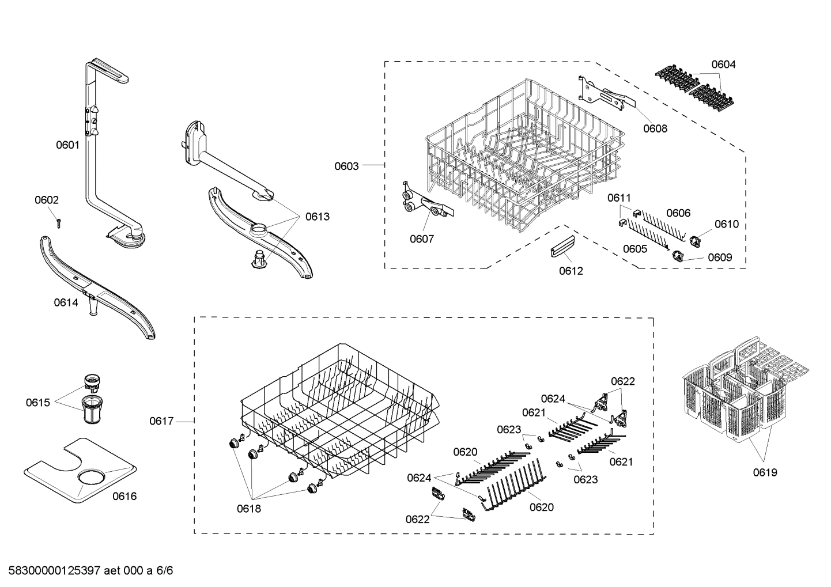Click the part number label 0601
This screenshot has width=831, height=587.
click(67, 145)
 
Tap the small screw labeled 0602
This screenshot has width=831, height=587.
click(59, 222)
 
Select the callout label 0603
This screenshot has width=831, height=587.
click(346, 166)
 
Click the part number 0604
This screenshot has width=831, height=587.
click(723, 65)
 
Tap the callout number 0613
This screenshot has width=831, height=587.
click(318, 217)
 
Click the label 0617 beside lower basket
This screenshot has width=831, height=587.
click(161, 421)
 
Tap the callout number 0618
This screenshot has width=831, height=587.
click(248, 509)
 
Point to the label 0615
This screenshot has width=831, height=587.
click(37, 402)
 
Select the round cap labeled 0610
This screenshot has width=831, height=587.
click(698, 234)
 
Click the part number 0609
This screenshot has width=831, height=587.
click(720, 257)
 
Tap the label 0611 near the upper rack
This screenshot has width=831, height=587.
click(620, 198)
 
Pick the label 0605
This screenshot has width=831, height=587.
click(634, 249)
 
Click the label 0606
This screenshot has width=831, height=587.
click(678, 213)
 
